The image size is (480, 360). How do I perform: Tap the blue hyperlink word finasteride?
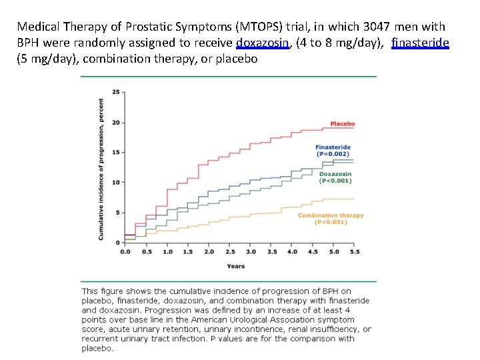point(420,43)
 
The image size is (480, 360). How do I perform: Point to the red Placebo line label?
point(342,123)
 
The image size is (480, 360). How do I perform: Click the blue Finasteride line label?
point(333,147)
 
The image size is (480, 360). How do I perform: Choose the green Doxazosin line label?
point(335,174)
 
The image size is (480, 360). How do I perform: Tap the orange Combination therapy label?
point(331,215)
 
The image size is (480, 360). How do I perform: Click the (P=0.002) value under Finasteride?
point(333,153)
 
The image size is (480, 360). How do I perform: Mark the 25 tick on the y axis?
point(116,92)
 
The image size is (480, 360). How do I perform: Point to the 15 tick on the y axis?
point(116,152)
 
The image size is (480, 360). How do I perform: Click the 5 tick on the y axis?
point(118,212)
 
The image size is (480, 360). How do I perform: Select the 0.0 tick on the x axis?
point(125,251)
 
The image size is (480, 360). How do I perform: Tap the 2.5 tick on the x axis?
point(230,251)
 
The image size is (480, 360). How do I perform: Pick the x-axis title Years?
point(235,266)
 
